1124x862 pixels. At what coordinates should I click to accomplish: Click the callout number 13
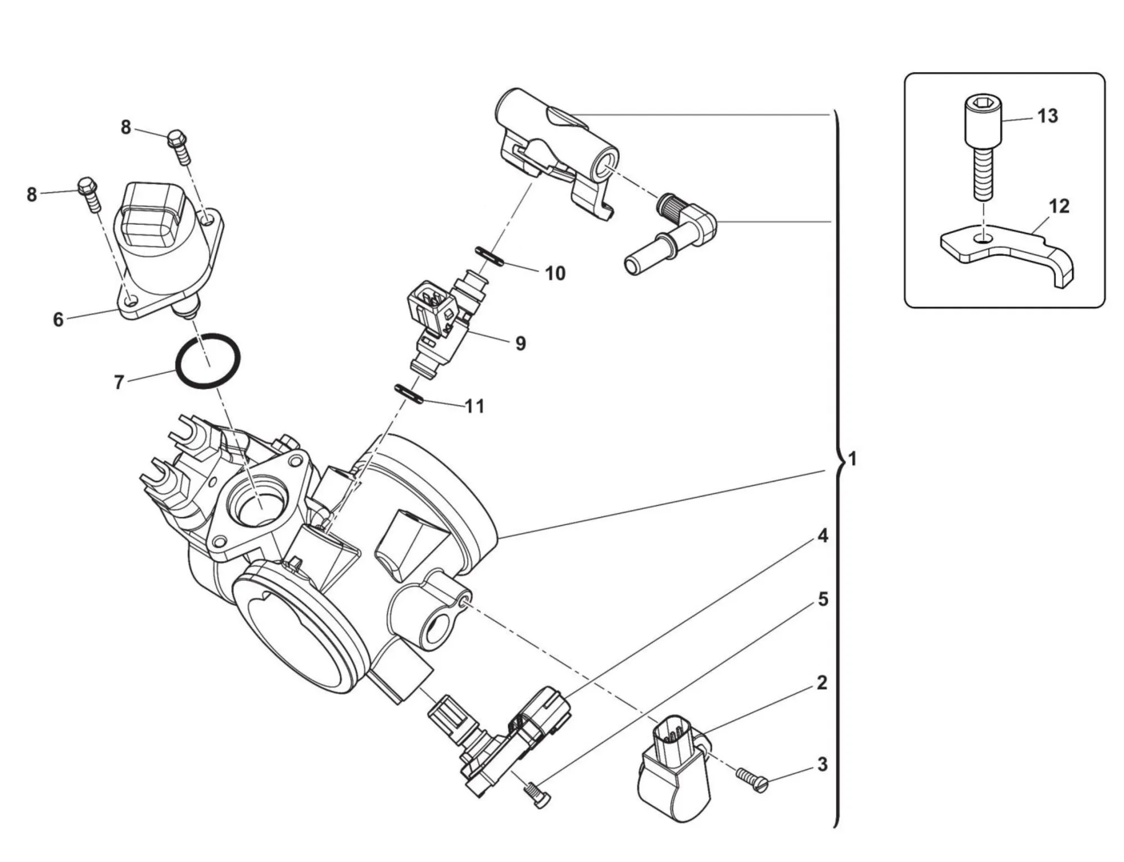1048,116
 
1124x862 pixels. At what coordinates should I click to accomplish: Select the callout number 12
1059,206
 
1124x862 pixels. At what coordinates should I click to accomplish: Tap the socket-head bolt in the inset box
984,146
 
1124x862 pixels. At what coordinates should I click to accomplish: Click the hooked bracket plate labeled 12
1006,253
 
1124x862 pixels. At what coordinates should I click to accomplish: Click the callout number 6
58,319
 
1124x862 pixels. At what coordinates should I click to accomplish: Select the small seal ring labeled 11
409,394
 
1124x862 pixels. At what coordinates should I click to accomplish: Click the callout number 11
475,406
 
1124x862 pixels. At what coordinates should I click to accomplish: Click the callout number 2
822,683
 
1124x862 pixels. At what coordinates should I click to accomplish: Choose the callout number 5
823,599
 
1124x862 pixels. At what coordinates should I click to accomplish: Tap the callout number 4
823,536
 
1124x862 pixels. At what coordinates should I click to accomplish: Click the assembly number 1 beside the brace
853,459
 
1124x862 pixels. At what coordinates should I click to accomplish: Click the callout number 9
520,343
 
